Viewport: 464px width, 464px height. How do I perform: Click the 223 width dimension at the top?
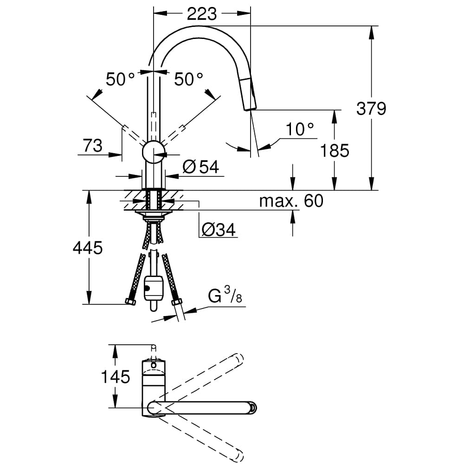[x=201, y=14]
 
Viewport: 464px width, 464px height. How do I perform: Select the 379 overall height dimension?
[x=371, y=109]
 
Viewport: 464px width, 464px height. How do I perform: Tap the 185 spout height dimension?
[x=335, y=150]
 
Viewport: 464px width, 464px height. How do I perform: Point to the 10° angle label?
[x=299, y=129]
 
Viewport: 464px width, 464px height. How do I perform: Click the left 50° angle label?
[x=120, y=79]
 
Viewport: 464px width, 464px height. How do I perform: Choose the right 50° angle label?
[x=189, y=79]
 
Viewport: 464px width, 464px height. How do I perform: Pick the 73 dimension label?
[x=93, y=146]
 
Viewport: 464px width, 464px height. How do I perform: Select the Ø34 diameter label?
[x=218, y=229]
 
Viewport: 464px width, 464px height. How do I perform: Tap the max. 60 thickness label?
[x=291, y=201]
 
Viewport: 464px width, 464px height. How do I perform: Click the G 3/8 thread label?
[x=225, y=296]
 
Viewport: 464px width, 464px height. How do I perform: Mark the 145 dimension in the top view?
[x=116, y=377]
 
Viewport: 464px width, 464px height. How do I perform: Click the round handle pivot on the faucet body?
[x=153, y=151]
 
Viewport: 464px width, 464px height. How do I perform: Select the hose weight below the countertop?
[x=153, y=288]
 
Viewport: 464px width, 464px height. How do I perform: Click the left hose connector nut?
[x=130, y=302]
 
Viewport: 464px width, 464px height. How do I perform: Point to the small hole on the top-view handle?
[x=153, y=365]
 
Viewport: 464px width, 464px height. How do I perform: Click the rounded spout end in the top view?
[x=252, y=408]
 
